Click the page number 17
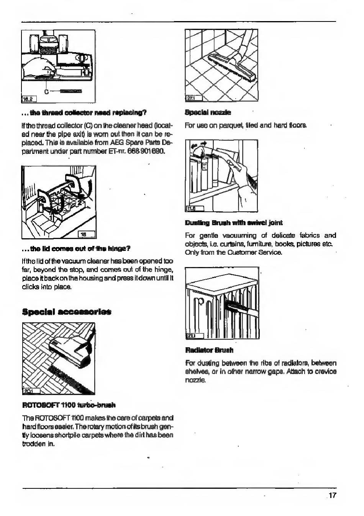pos(332,495)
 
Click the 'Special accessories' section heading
pos(67,312)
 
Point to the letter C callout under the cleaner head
pos(47,92)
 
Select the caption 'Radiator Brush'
pos(209,350)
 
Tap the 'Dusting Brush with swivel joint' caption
pos(233,223)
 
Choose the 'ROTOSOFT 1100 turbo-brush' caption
pos(69,405)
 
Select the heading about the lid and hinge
pos(76,248)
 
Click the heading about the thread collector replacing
pos(84,113)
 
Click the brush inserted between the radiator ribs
pos(231,305)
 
